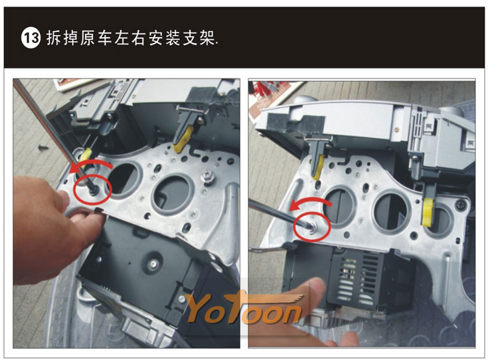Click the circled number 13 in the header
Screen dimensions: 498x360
(31, 38)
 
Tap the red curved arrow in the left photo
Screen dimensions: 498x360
(90, 165)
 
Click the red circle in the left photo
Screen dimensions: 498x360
(92, 190)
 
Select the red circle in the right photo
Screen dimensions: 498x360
(312, 227)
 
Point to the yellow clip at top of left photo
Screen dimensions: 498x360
(183, 140)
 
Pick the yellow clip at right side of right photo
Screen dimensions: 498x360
(428, 213)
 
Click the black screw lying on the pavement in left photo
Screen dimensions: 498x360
(42, 147)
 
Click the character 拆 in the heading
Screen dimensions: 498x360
(54, 38)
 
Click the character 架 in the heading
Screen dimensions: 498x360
(207, 38)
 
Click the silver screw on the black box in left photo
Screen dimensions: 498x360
(154, 264)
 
